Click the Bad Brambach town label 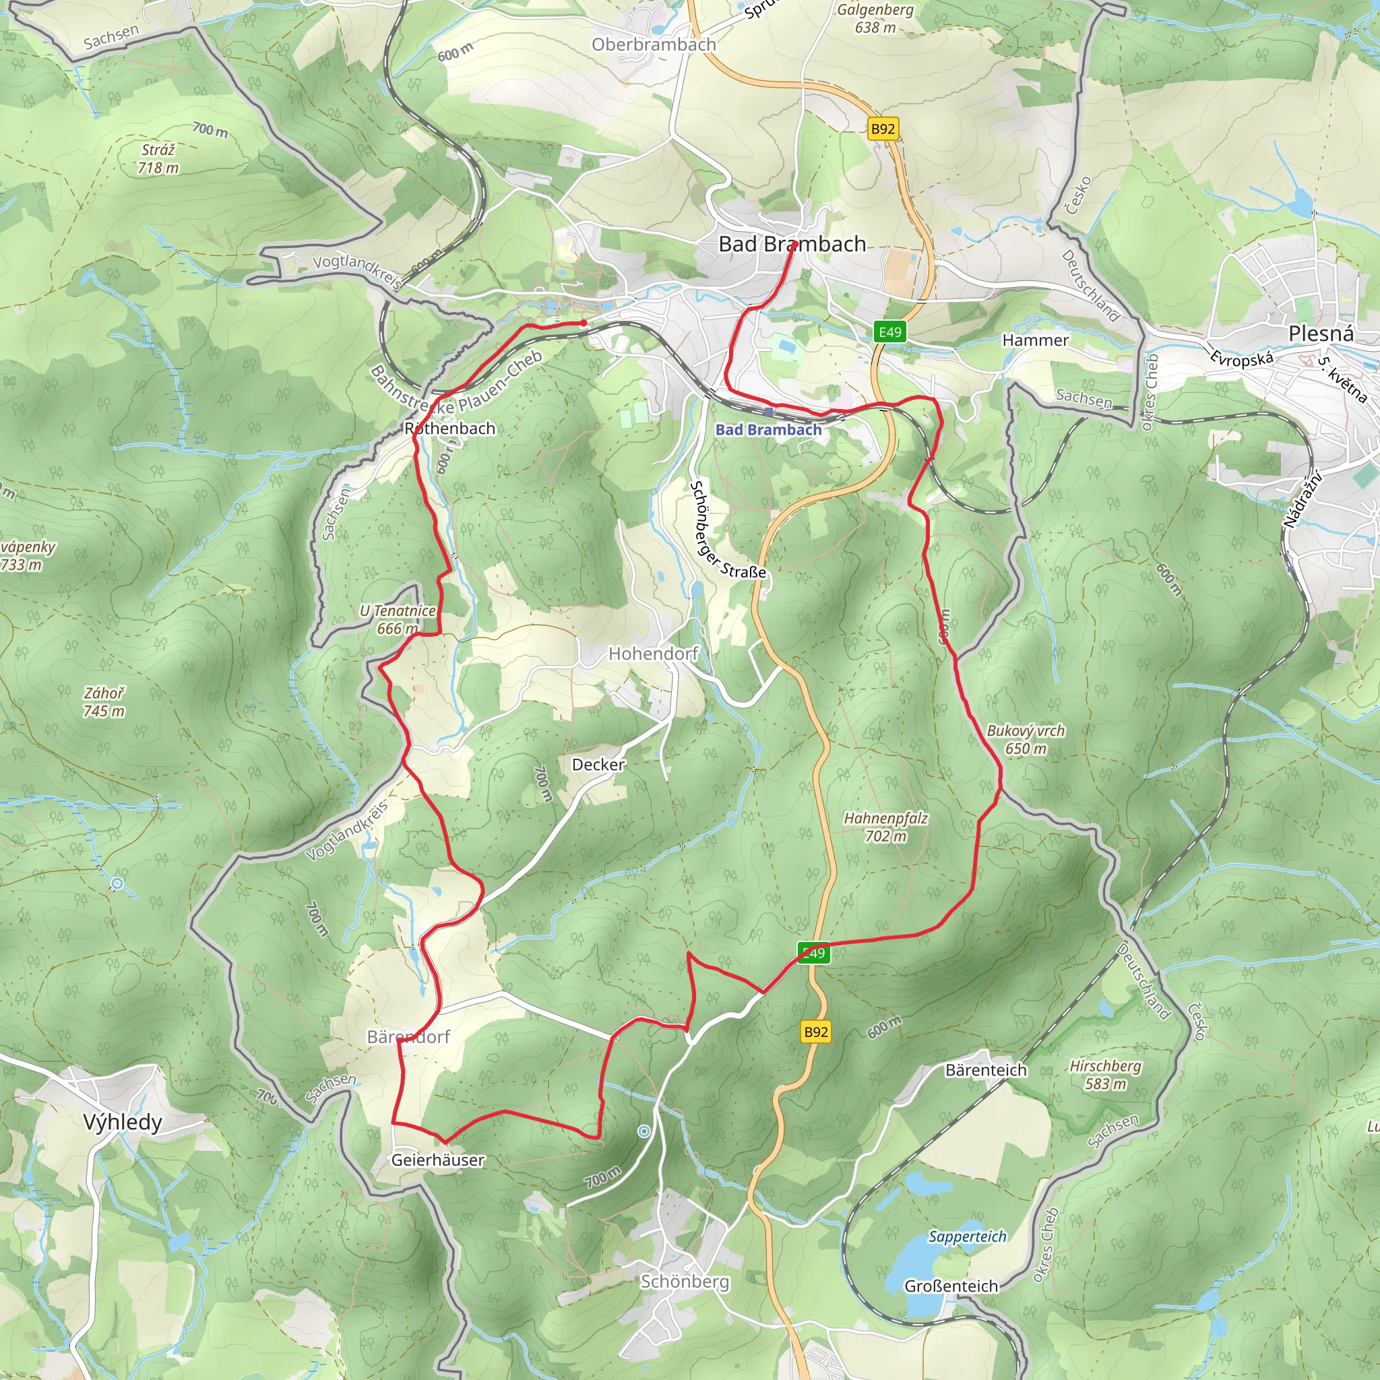click(x=792, y=245)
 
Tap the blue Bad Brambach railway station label click(x=769, y=429)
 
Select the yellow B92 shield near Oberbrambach click(x=883, y=129)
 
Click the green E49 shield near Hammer click(x=890, y=332)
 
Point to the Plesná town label click(x=1321, y=334)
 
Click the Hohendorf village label click(x=653, y=653)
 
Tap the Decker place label click(x=598, y=764)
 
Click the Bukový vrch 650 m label click(x=1026, y=739)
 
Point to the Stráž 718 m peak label click(x=158, y=158)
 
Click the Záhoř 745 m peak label click(x=104, y=701)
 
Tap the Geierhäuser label click(x=438, y=1160)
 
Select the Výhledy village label click(x=123, y=1121)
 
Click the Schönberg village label click(x=685, y=1281)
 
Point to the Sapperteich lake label click(x=967, y=1236)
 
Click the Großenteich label click(x=951, y=1286)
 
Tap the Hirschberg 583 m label click(x=1105, y=1074)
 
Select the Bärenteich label click(x=986, y=1070)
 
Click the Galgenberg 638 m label click(x=875, y=19)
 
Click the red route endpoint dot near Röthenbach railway click(x=584, y=323)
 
